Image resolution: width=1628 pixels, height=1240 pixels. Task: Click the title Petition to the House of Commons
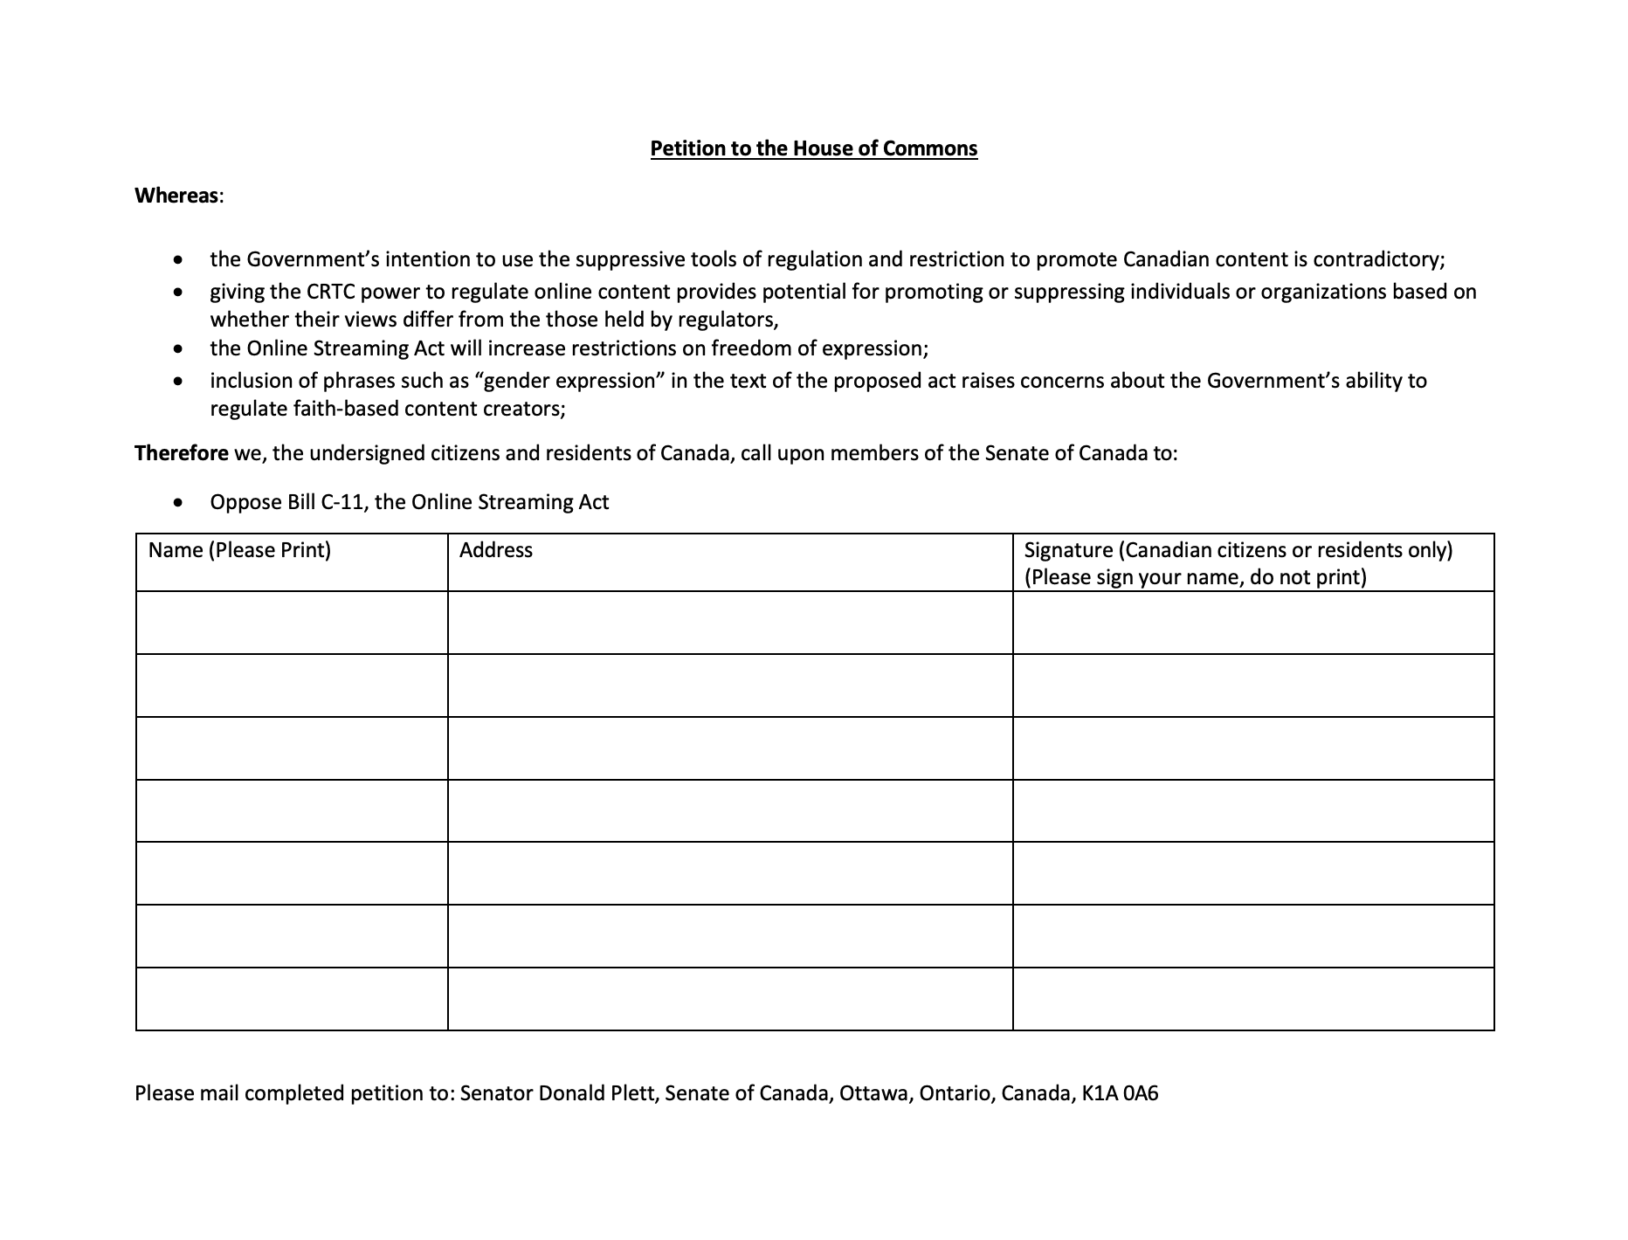813,148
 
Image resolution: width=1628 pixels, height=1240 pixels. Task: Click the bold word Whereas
176,196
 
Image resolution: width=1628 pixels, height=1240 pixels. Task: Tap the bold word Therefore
181,453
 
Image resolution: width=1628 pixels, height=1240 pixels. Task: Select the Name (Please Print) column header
239,550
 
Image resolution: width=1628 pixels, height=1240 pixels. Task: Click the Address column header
495,550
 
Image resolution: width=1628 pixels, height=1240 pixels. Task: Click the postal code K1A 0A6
1120,1093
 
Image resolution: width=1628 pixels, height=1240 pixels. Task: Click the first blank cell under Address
729,623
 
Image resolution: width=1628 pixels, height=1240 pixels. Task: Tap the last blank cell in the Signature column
1253,999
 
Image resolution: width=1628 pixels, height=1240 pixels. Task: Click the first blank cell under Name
292,623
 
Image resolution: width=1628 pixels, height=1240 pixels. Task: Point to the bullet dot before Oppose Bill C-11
179,503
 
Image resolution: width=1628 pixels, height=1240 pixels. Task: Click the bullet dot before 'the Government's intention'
179,260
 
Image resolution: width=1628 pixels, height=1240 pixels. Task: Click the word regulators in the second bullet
727,320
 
